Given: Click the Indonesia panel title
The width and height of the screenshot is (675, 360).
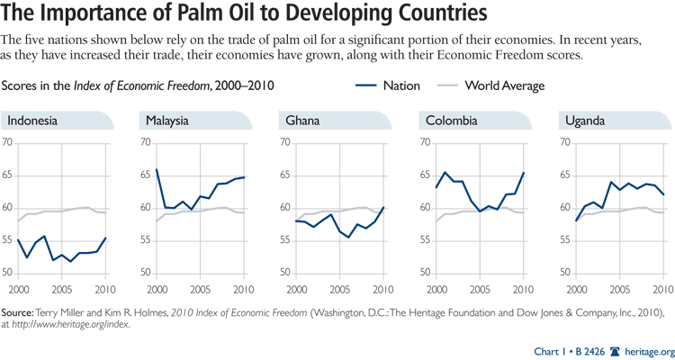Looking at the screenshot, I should pos(35,121).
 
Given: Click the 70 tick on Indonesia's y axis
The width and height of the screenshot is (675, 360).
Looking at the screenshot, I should pos(8,143).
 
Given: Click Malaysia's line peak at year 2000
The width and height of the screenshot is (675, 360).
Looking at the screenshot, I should pos(157,169).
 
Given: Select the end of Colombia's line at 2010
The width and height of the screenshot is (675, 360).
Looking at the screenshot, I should pos(523,173).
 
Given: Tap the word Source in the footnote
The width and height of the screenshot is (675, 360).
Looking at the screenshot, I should pos(26,311).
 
